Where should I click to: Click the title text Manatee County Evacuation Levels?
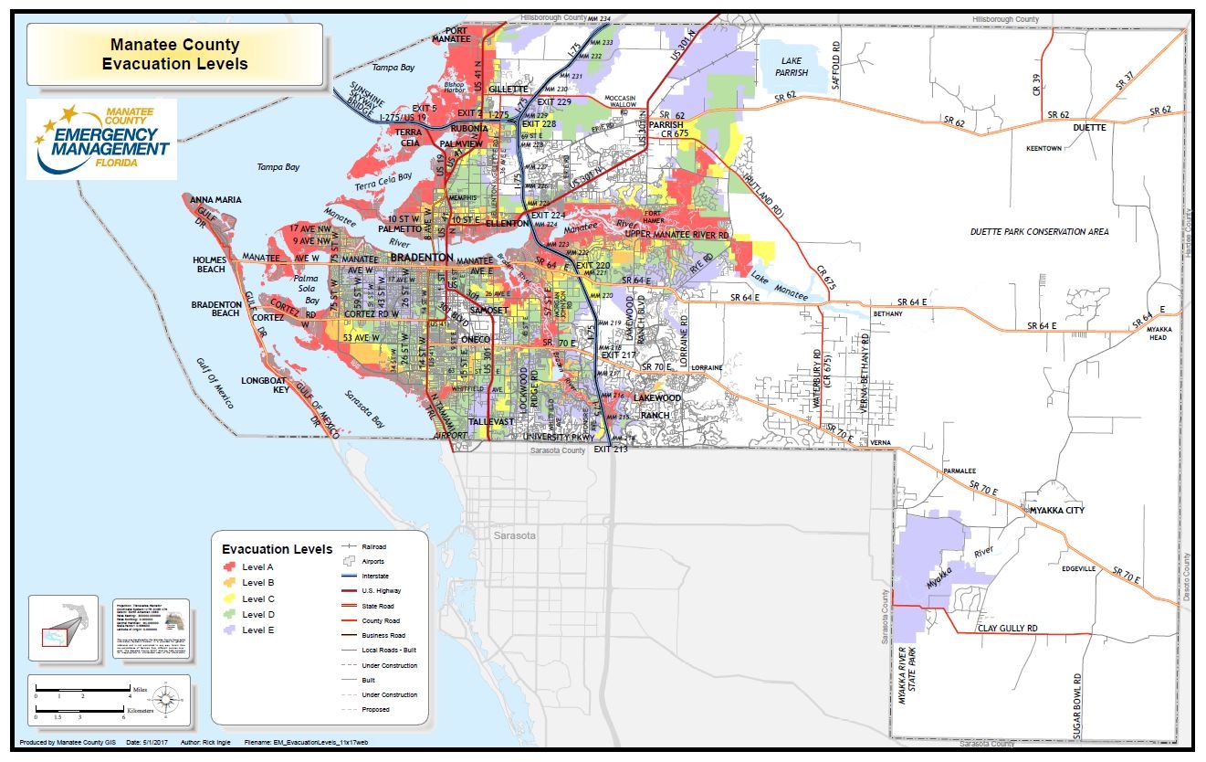click(174, 54)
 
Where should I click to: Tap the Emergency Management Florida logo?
click(102, 138)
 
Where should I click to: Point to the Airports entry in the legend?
click(374, 562)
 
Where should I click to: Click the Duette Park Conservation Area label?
click(1039, 232)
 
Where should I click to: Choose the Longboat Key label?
click(267, 385)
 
